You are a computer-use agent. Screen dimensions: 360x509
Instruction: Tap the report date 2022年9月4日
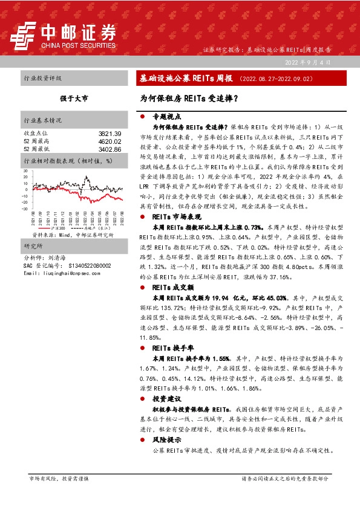click(x=309, y=62)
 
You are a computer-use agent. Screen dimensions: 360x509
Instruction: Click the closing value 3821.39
click(x=110, y=133)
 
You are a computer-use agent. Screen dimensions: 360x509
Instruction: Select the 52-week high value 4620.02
click(x=110, y=140)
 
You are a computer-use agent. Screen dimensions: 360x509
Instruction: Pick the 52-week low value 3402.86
click(x=110, y=148)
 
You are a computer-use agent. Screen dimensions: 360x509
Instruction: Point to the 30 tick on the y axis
click(x=25, y=171)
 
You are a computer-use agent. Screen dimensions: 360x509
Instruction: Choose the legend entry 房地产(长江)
click(x=97, y=228)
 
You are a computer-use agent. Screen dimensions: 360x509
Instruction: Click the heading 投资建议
click(x=167, y=399)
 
